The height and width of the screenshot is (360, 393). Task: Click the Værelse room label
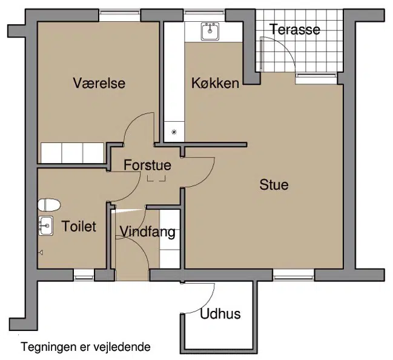[99, 83]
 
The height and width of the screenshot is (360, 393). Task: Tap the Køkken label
[216, 83]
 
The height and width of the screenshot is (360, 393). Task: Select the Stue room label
[274, 184]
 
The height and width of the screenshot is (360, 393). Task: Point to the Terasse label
[295, 29]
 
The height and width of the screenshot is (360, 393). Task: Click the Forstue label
[147, 165]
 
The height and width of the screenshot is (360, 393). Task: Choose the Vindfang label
[147, 232]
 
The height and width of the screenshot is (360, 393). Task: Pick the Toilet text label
[79, 226]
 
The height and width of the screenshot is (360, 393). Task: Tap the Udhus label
[220, 313]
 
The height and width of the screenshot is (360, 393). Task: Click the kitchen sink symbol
[210, 32]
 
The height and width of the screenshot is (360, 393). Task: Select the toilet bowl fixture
[49, 205]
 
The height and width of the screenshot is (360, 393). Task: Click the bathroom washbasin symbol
[45, 225]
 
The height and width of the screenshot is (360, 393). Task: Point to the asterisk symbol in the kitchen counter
[174, 132]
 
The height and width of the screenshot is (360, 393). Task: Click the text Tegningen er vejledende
[86, 347]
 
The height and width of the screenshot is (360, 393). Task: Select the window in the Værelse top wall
[119, 15]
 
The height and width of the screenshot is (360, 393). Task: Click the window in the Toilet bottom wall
[84, 275]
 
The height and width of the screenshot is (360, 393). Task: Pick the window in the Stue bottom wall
[294, 275]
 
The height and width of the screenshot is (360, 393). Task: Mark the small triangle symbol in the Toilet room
[41, 252]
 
